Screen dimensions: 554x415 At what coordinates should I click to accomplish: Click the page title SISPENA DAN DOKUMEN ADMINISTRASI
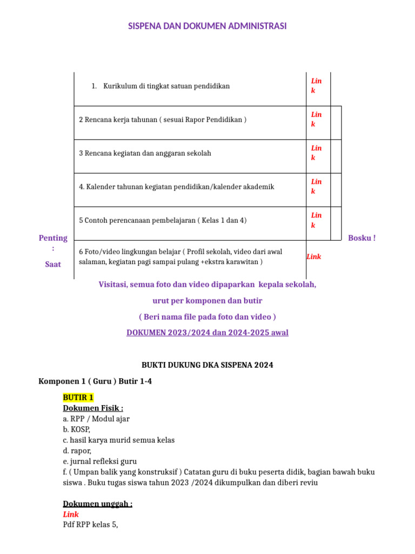[x=207, y=26]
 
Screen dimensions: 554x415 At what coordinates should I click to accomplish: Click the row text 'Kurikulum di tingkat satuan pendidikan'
[x=166, y=86]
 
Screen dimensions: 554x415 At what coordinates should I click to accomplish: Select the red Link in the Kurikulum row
[x=316, y=85]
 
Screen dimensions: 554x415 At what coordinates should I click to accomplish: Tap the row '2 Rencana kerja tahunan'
[x=163, y=120]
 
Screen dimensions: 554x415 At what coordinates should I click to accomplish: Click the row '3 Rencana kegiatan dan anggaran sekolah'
[x=145, y=153]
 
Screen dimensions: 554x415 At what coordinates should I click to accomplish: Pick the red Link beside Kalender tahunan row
[x=316, y=186]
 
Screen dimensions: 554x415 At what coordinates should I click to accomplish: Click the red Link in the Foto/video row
[x=314, y=256]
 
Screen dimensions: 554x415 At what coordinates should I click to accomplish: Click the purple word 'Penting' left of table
[x=53, y=238]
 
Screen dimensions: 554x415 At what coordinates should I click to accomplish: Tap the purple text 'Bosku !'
[x=362, y=238]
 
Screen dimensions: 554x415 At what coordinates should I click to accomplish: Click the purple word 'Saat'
[x=53, y=265]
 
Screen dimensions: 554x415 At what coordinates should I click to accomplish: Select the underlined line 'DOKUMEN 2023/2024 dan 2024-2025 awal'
[x=207, y=332]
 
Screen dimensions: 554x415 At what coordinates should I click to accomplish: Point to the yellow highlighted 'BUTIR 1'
[x=78, y=398]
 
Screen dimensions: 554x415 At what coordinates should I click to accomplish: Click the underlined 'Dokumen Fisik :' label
[x=93, y=408]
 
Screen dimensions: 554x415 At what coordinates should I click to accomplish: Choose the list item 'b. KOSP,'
[x=77, y=429]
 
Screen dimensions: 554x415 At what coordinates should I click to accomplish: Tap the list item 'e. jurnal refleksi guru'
[x=100, y=461]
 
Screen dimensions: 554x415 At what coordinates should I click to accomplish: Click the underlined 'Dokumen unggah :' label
[x=97, y=504]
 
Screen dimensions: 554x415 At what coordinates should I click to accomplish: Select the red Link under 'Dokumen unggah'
[x=71, y=515]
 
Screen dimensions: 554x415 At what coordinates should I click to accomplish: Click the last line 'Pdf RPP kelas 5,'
[x=90, y=525]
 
